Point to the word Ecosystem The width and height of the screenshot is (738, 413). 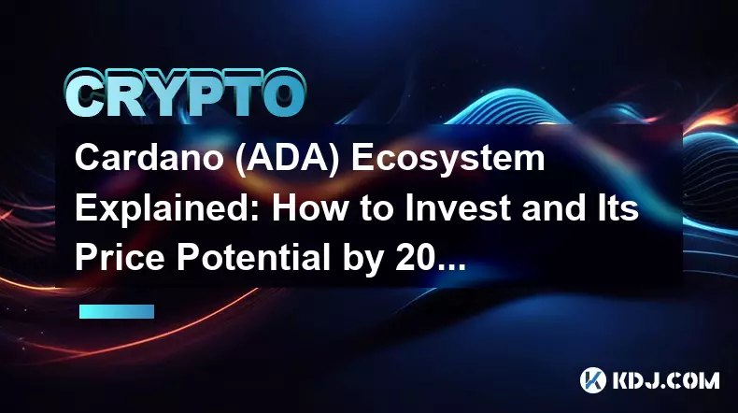click(x=448, y=160)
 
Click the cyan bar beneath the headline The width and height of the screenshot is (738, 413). click(x=117, y=311)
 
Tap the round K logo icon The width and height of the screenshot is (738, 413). click(x=592, y=380)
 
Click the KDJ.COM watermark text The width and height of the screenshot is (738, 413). click(x=666, y=380)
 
